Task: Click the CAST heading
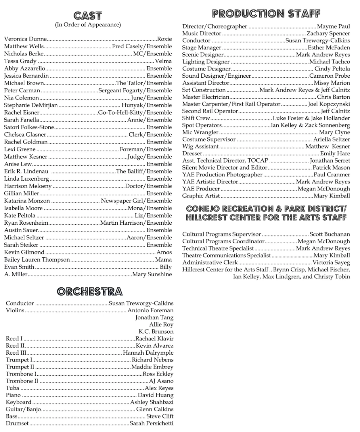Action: click(x=88, y=15)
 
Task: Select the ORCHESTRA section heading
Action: click(x=90, y=292)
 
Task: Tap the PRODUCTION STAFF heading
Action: click(x=266, y=13)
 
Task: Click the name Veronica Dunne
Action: click(x=25, y=39)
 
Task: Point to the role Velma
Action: click(x=163, y=61)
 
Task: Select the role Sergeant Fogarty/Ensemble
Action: click(x=135, y=91)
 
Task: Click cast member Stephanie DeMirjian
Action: click(x=31, y=105)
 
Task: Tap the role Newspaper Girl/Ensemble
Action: click(x=136, y=201)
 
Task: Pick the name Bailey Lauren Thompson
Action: click(x=37, y=260)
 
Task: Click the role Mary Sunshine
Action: click(x=152, y=274)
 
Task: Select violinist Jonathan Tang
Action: click(x=154, y=317)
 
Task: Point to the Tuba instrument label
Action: click(x=12, y=388)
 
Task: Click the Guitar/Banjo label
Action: click(x=23, y=409)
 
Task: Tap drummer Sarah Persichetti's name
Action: click(x=151, y=423)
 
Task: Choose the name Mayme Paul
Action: click(x=333, y=26)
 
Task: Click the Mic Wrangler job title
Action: click(x=200, y=132)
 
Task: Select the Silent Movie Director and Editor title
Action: click(x=225, y=168)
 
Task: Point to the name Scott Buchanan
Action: click(x=330, y=234)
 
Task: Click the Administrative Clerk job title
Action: click(x=210, y=262)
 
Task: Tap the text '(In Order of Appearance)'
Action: click(x=88, y=25)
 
